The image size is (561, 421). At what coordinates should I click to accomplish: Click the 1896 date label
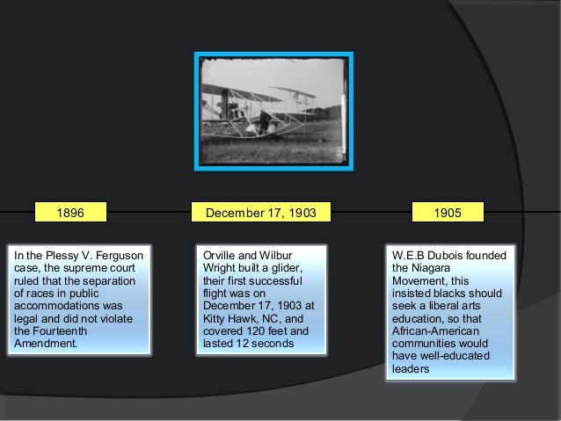pos(70,213)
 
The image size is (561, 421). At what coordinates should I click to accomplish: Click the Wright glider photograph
pos(273,112)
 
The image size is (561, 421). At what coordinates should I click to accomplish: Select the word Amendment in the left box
pos(45,343)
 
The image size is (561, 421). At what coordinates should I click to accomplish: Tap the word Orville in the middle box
pos(222,256)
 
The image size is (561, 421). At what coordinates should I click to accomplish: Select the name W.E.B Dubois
pos(428,256)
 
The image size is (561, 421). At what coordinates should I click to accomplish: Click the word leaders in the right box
pos(411,368)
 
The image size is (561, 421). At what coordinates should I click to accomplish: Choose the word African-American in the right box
pos(437,330)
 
